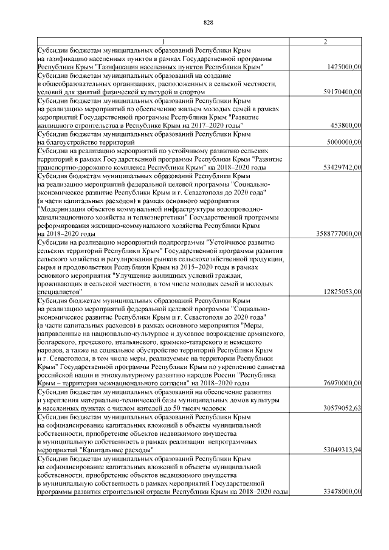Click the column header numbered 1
[163, 41]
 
